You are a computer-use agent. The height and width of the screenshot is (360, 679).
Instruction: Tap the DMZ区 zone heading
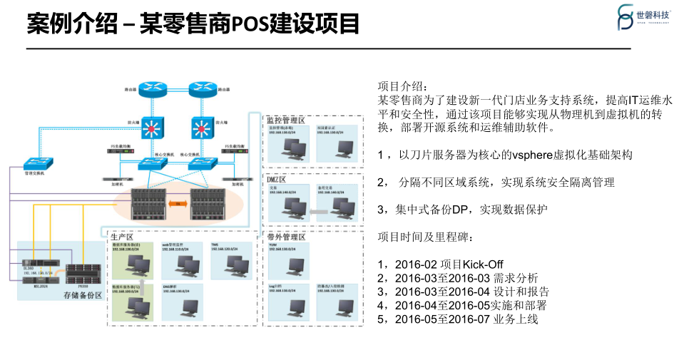coord(276,178)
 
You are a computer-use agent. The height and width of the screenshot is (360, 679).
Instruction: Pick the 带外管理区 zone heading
coord(285,236)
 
